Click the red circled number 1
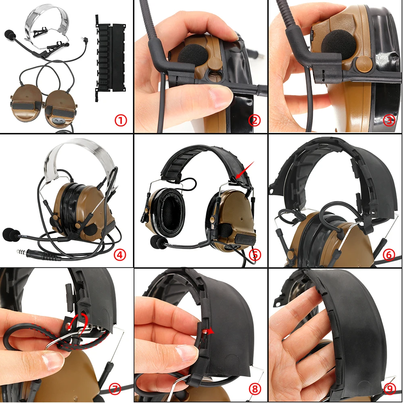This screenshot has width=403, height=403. click(120, 120)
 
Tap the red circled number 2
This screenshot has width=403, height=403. click(255, 120)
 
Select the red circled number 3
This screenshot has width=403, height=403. click(389, 120)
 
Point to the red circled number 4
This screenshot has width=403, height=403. click(120, 255)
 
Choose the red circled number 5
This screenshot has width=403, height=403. click(255, 255)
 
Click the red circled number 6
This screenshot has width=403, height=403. click(389, 255)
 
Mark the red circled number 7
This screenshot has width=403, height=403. click(115, 389)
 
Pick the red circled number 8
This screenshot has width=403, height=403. click(255, 389)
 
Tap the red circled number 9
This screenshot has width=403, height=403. click(389, 389)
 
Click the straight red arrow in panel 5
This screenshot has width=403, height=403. click(245, 170)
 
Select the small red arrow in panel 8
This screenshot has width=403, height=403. click(208, 331)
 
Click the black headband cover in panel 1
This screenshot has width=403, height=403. click(111, 58)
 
